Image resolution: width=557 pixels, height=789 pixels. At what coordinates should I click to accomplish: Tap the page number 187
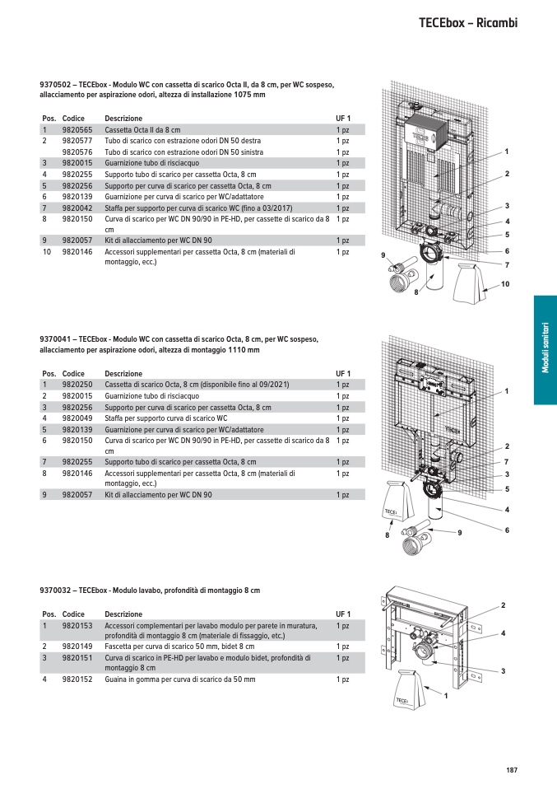511,770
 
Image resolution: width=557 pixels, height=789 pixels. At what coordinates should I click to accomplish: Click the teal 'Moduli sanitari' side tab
545,350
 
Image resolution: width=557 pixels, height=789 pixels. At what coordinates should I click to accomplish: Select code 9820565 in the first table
77,130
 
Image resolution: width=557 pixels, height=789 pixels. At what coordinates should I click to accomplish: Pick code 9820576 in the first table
77,152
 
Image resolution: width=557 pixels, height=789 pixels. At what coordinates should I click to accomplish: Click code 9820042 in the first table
77,208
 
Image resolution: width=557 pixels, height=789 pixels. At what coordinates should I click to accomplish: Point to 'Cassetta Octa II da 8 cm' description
142,130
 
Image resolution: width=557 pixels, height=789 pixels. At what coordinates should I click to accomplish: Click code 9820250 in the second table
77,385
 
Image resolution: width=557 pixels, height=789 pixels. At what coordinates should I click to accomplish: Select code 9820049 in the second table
77,418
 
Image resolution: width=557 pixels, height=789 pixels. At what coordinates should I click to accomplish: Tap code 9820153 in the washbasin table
77,626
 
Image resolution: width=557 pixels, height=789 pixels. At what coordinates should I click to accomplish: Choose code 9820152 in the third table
77,679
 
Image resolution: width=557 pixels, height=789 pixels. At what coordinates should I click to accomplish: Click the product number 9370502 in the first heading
53,85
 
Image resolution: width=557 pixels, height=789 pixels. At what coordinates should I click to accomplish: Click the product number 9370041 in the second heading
53,339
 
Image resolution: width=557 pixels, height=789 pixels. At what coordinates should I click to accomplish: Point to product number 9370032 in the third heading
53,591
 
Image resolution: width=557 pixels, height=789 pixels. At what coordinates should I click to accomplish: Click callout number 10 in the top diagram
505,284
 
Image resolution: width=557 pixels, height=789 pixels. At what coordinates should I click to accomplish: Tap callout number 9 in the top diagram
383,256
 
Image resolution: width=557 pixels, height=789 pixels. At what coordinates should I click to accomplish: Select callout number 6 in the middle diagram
507,529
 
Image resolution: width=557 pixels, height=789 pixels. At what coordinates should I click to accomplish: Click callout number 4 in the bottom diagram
503,633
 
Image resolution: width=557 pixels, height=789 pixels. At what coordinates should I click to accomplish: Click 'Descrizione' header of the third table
123,614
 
